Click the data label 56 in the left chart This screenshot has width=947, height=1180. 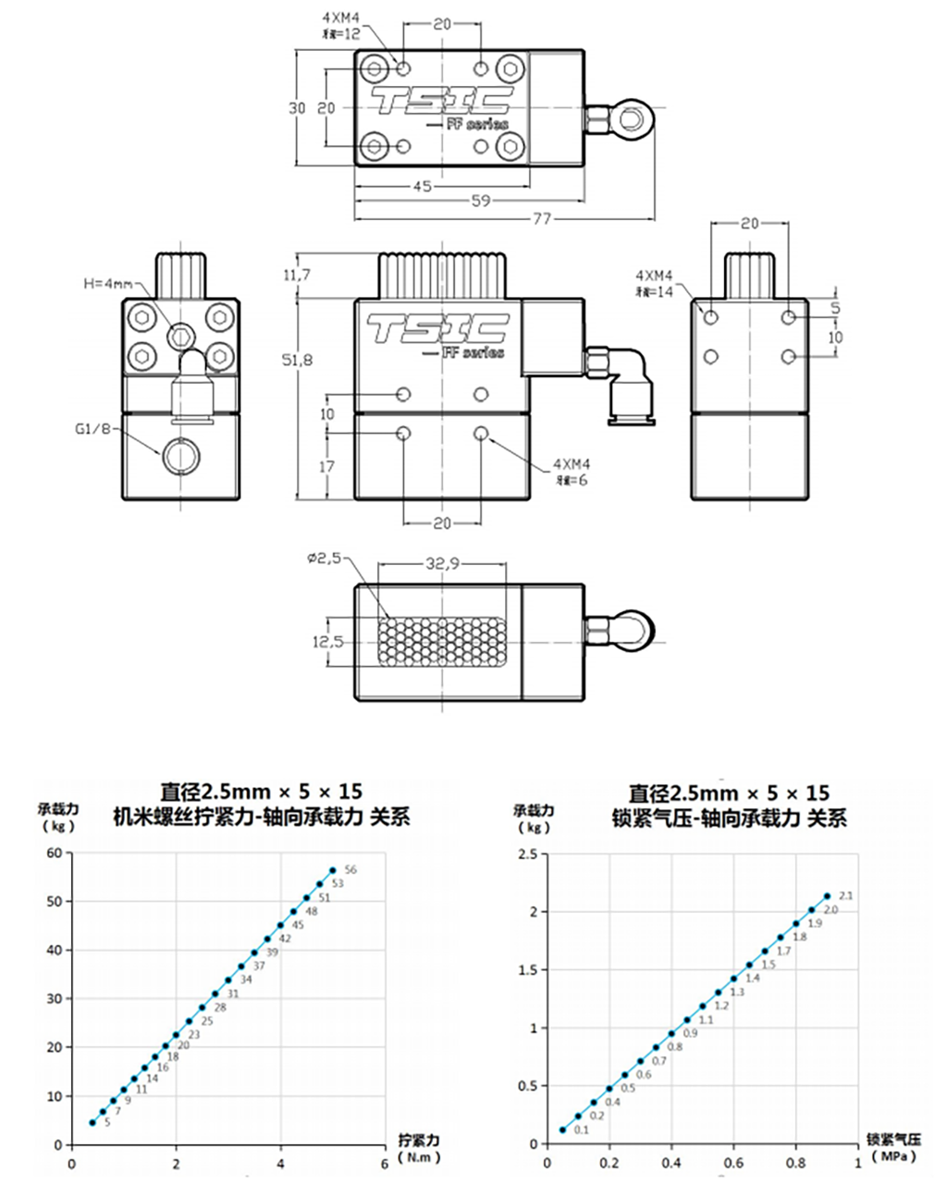(x=350, y=870)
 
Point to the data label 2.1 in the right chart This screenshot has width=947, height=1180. (x=844, y=895)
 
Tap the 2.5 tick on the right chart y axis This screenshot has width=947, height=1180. (x=527, y=854)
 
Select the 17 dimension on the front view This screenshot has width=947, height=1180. (x=327, y=467)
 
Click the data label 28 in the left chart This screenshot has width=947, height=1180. (x=220, y=1007)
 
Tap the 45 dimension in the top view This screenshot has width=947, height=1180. (x=422, y=187)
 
